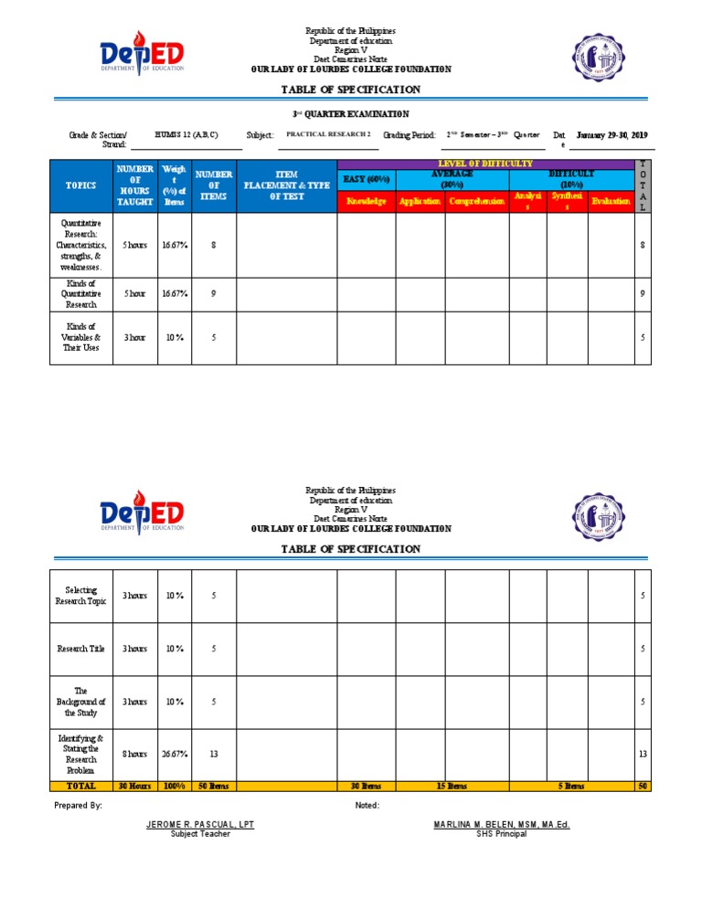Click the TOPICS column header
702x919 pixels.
80,185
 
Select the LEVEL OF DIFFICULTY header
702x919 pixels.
484,164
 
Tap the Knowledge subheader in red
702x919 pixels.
366,201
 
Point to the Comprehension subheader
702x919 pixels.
476,201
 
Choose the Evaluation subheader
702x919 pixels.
610,201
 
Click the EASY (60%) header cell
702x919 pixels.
366,179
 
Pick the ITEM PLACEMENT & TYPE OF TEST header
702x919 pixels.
286,185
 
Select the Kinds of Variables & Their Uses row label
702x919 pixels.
80,337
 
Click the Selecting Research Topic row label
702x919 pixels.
80,596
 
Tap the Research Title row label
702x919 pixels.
80,649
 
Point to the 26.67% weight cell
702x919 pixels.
175,754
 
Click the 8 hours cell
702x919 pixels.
134,754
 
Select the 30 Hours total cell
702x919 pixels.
134,786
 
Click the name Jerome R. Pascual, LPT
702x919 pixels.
200,825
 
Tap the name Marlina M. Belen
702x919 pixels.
502,825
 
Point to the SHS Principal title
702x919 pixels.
502,834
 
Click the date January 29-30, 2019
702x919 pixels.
612,135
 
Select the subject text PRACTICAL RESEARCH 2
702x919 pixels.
328,134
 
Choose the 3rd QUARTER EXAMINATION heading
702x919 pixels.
350,114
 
